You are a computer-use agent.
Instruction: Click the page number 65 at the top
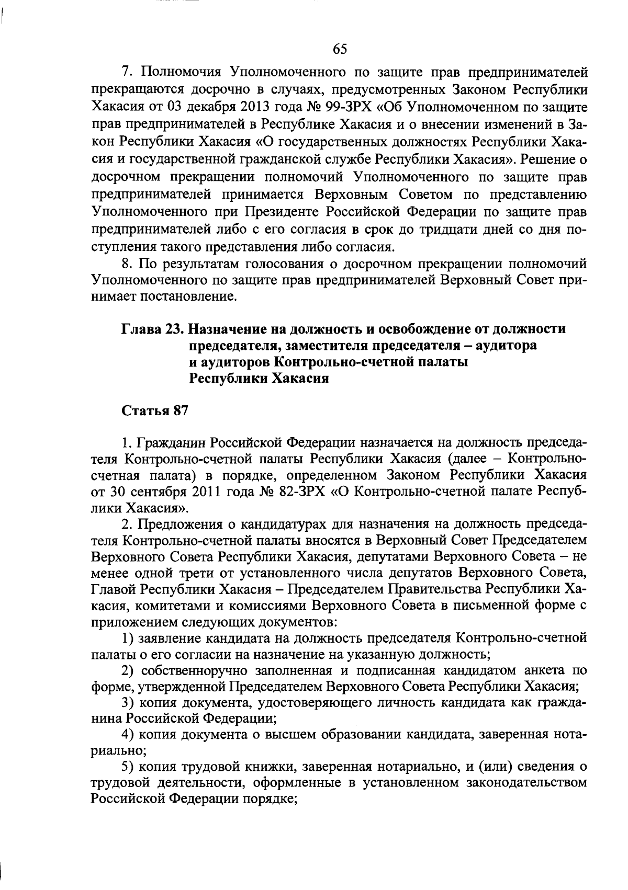pos(340,49)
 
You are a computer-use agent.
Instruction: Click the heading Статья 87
pos(154,411)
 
